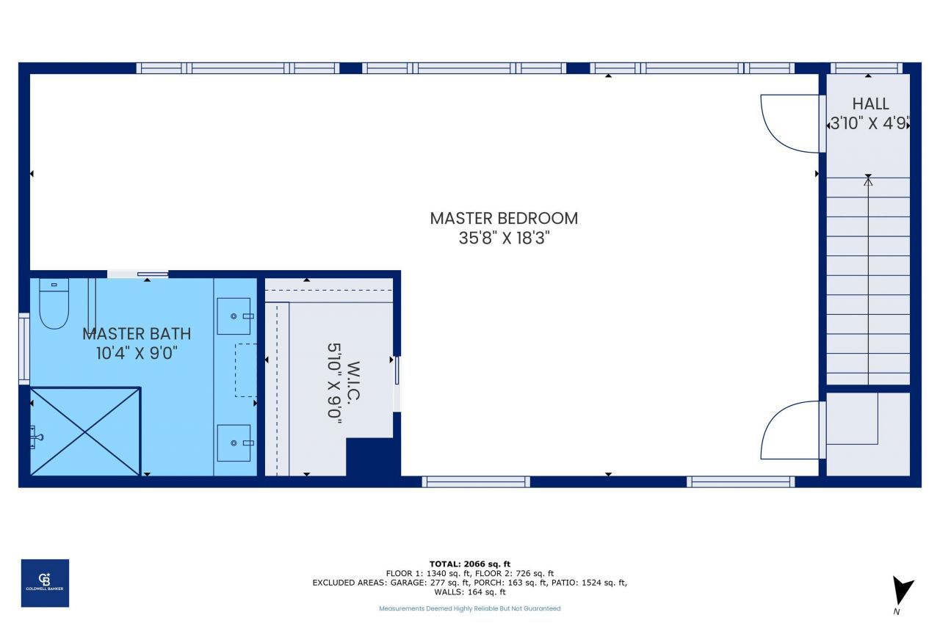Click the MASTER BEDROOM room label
[x=504, y=218]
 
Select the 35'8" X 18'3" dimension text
[x=504, y=239]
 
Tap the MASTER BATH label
[x=137, y=333]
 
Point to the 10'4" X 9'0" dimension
[x=137, y=353]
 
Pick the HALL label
[x=870, y=103]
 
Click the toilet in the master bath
[x=54, y=304]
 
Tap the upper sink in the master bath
[x=234, y=316]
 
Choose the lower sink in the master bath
[x=234, y=443]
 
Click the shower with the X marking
[x=85, y=432]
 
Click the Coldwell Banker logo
[x=45, y=583]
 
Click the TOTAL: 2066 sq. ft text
[x=469, y=564]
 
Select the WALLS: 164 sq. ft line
[x=469, y=592]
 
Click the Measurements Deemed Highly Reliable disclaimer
[x=469, y=608]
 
